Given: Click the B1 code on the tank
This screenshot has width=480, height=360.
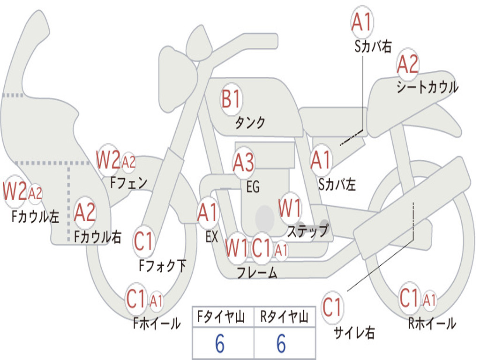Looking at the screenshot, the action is point(232,99).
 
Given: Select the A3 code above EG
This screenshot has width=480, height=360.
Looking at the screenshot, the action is point(244,162).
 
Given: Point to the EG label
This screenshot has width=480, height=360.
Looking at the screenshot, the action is point(253,187).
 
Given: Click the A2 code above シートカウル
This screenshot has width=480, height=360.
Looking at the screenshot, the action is point(407,64).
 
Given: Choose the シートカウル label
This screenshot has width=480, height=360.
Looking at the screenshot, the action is point(427,87).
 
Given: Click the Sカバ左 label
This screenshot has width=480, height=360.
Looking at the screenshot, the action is point(337,185).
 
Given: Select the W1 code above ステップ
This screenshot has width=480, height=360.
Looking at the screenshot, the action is point(290,208).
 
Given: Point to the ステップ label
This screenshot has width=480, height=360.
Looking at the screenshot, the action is point(307,231).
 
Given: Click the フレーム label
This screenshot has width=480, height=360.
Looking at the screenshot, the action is point(257,272).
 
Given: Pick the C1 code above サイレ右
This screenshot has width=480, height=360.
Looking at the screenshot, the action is point(332,307).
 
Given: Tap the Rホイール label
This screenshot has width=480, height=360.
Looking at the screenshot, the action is point(432,323).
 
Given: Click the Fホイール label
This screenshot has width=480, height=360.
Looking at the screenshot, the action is point(157,323).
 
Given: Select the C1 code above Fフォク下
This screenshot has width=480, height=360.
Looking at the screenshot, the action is point(143,241).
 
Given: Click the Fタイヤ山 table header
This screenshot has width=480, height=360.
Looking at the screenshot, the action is point(221,317).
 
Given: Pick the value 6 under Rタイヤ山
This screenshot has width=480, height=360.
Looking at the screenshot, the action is point(281,343).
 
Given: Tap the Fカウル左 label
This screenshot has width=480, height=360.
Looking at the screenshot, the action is point(35,217).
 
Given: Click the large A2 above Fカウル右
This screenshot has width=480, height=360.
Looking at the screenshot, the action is point(85,212).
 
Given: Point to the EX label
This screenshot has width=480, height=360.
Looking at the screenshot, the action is point(211,237).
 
